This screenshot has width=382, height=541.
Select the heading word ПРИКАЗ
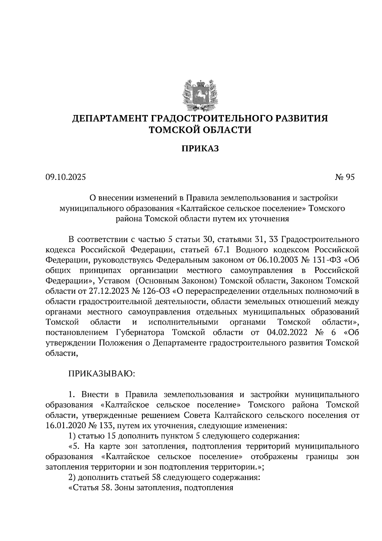[x=200, y=148]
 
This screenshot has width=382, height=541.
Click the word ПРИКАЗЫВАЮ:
[x=102, y=373]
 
